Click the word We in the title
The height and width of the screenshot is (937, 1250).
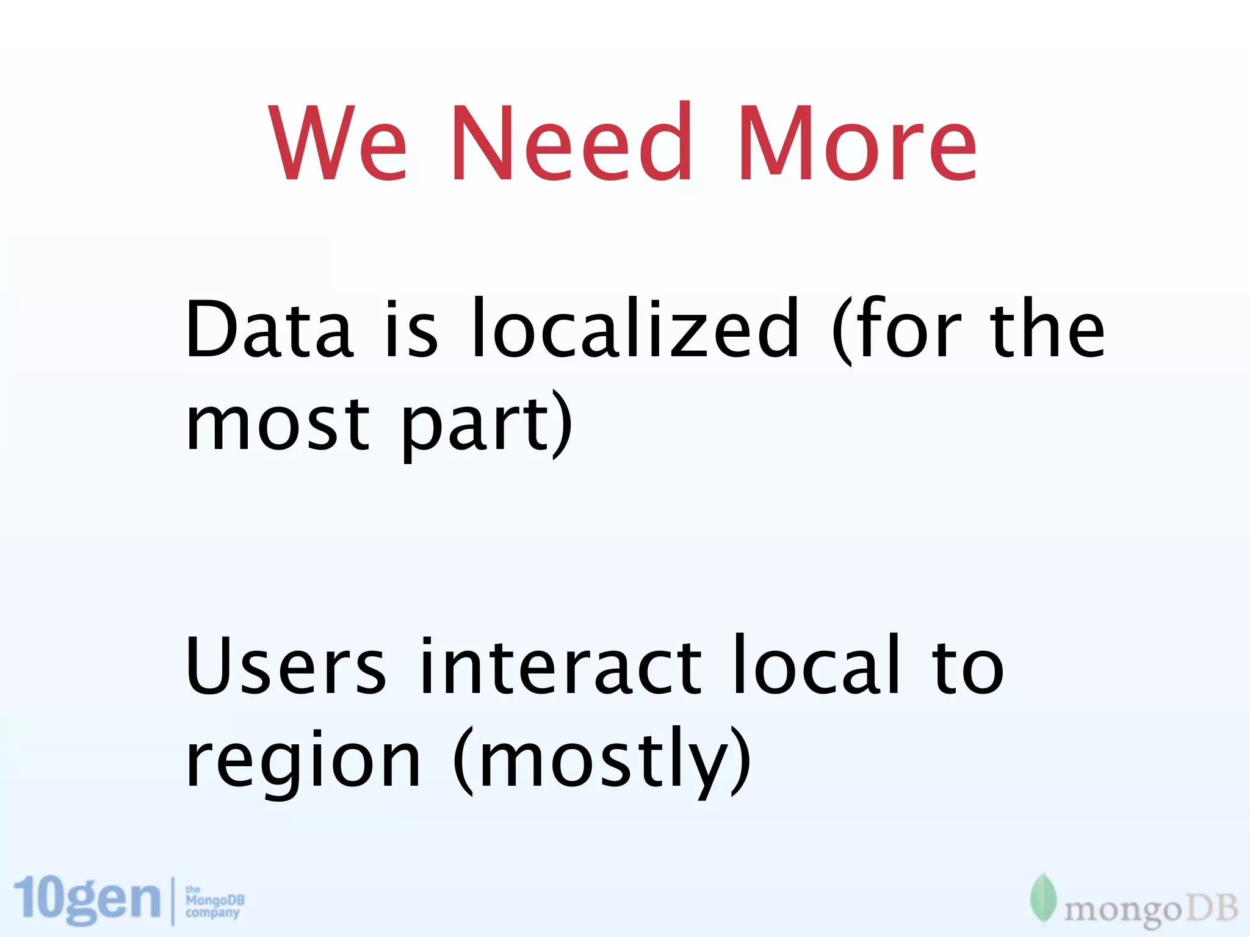(x=338, y=143)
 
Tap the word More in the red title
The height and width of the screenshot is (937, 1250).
(x=858, y=143)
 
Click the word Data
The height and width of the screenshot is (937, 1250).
(x=269, y=329)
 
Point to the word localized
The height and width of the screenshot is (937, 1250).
(x=635, y=329)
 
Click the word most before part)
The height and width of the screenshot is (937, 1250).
(x=278, y=424)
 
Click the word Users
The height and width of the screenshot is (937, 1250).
(x=286, y=666)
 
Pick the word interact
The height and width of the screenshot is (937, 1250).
(x=562, y=666)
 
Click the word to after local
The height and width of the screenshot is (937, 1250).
(x=967, y=666)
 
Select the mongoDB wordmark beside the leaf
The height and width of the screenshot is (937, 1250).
(x=1151, y=910)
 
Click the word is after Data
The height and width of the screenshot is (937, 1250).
(x=411, y=329)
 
